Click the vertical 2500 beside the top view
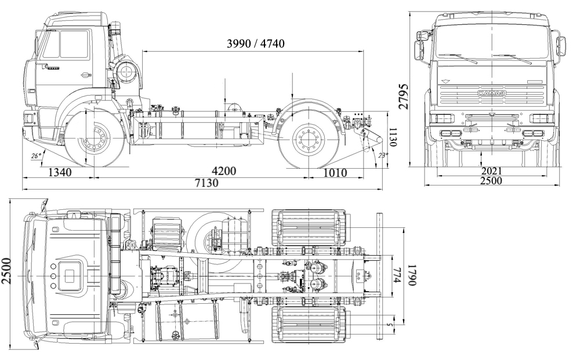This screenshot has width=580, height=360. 6,271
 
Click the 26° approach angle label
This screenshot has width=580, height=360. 37,156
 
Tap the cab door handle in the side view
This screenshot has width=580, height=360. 85,74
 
